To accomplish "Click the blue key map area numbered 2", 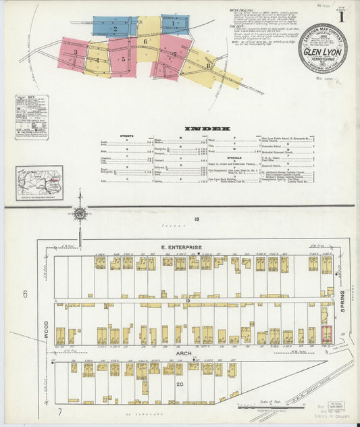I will [115, 28].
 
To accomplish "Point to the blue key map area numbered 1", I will [174, 24].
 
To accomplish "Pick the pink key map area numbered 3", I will [76, 53].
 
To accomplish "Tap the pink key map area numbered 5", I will [124, 59].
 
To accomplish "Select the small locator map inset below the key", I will [40, 182].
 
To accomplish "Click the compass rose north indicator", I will [80, 214].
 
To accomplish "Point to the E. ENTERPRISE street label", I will [182, 247].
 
